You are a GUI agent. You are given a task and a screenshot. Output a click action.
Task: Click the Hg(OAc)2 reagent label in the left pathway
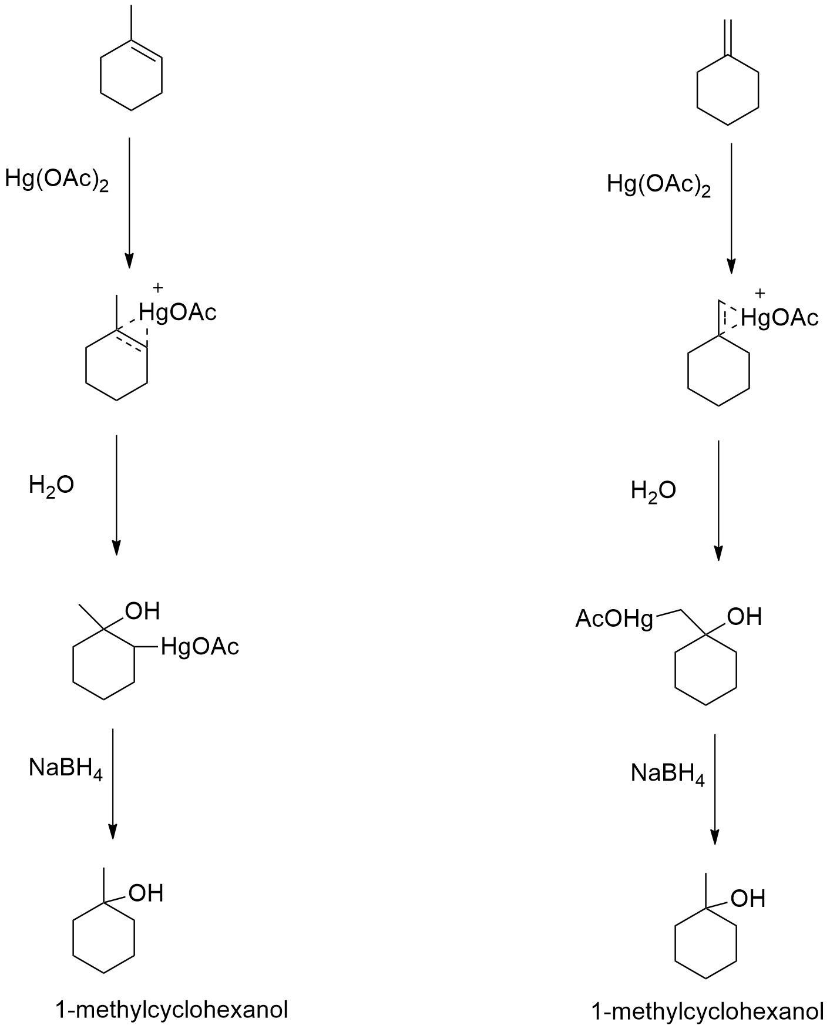tap(57, 179)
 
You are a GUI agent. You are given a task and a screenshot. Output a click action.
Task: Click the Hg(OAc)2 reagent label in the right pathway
tap(659, 184)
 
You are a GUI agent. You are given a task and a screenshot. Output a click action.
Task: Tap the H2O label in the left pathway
tap(51, 486)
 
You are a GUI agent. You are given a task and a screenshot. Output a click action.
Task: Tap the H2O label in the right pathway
tap(653, 490)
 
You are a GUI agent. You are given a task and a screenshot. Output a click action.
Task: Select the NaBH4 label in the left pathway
tap(66, 768)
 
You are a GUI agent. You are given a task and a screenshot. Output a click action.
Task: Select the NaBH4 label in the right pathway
tap(668, 773)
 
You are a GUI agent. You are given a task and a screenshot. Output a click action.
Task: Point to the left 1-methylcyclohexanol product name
tap(172, 1009)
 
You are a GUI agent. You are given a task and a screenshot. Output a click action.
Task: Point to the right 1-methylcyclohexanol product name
tap(708, 1011)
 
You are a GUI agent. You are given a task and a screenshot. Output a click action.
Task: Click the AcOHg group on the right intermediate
tap(614, 619)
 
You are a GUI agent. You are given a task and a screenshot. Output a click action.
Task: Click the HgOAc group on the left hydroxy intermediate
tap(200, 647)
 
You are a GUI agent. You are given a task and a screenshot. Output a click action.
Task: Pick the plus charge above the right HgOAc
tap(760, 293)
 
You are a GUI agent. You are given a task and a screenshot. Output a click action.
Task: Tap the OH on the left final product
tap(146, 893)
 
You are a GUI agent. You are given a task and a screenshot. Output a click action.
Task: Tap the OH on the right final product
tap(748, 898)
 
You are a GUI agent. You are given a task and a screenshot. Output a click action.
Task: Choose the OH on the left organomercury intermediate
tap(142, 611)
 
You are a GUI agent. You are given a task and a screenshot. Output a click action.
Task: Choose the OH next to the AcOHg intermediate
tap(744, 617)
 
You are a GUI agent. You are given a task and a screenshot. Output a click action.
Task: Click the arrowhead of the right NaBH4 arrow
tap(715, 837)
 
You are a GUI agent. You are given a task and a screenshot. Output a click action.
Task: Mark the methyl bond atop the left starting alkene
tap(131, 23)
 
